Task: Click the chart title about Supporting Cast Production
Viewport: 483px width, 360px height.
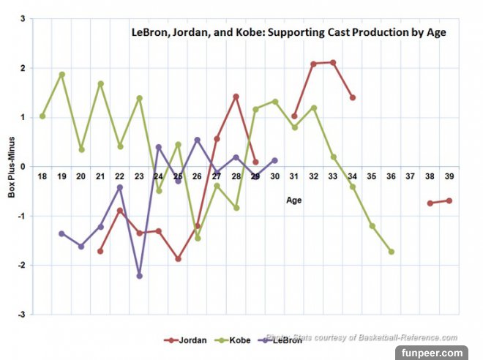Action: click(x=288, y=33)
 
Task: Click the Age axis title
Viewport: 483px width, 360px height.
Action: click(x=293, y=199)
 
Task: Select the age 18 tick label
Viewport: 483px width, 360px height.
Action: click(x=42, y=176)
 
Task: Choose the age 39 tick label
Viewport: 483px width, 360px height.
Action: click(x=449, y=176)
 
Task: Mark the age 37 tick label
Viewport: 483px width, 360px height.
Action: click(x=411, y=176)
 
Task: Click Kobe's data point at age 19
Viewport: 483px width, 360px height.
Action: click(x=61, y=75)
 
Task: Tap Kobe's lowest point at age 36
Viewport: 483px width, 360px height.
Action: click(x=392, y=252)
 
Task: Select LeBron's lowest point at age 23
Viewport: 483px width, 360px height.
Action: click(x=139, y=276)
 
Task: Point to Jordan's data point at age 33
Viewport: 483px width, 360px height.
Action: click(x=333, y=63)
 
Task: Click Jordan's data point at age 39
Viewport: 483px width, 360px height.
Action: click(x=449, y=200)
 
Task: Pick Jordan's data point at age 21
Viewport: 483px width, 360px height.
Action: click(x=100, y=251)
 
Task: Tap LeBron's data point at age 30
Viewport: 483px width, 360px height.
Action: click(x=274, y=160)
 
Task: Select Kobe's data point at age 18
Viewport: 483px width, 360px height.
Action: click(x=42, y=116)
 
